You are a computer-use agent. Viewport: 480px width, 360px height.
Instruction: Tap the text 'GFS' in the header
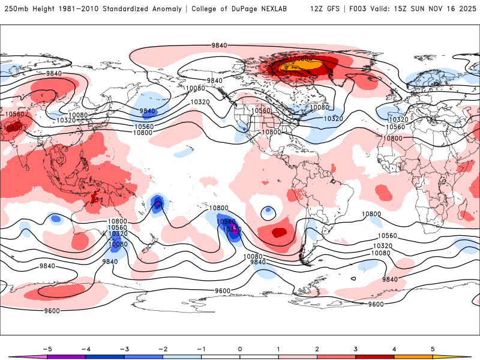point(337,9)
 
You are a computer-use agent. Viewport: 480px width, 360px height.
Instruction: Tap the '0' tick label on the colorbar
point(240,349)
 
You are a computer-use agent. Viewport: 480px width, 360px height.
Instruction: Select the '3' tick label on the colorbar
point(355,349)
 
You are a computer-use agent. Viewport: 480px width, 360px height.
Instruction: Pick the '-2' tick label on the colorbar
point(163,349)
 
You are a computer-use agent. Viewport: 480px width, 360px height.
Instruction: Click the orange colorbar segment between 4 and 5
point(413,357)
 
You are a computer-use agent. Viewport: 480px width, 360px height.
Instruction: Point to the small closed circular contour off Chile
point(268,211)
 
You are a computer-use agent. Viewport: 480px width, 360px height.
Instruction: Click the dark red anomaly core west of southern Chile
point(278,232)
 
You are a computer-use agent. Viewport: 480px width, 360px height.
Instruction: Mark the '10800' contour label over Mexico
point(271,132)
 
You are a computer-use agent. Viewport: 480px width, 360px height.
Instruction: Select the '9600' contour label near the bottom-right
point(376,304)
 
